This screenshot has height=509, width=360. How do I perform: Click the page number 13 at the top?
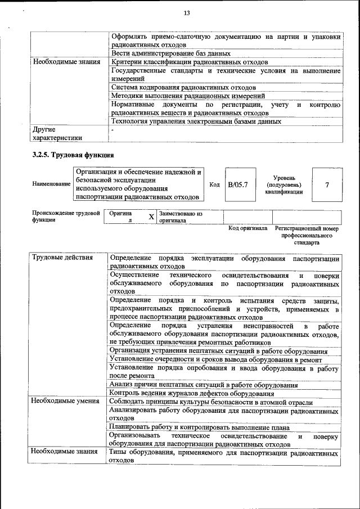point(187,13)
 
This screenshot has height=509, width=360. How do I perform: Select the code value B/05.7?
point(238,184)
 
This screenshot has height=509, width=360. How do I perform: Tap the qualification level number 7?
point(327,184)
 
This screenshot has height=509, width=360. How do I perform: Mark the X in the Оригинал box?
point(151,217)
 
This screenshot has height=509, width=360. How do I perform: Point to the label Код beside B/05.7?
point(214,184)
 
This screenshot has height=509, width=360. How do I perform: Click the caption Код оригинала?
point(247,229)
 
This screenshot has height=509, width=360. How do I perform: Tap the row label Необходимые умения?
point(65,402)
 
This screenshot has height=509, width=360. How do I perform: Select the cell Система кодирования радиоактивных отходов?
point(183,87)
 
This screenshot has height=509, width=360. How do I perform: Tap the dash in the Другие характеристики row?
point(113,130)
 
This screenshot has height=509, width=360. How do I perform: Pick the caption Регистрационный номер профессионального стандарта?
point(307,236)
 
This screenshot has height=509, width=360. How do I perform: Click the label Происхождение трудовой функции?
point(66,217)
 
